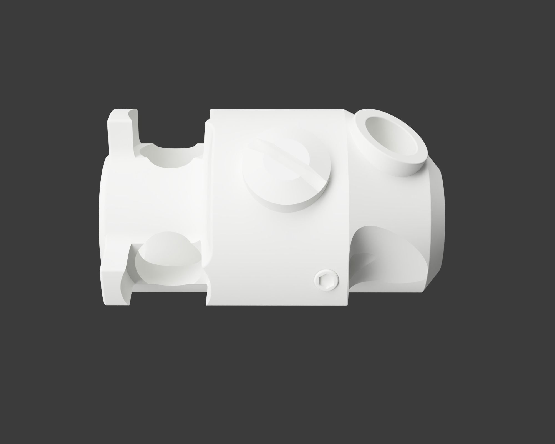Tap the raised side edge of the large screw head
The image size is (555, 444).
300,204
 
